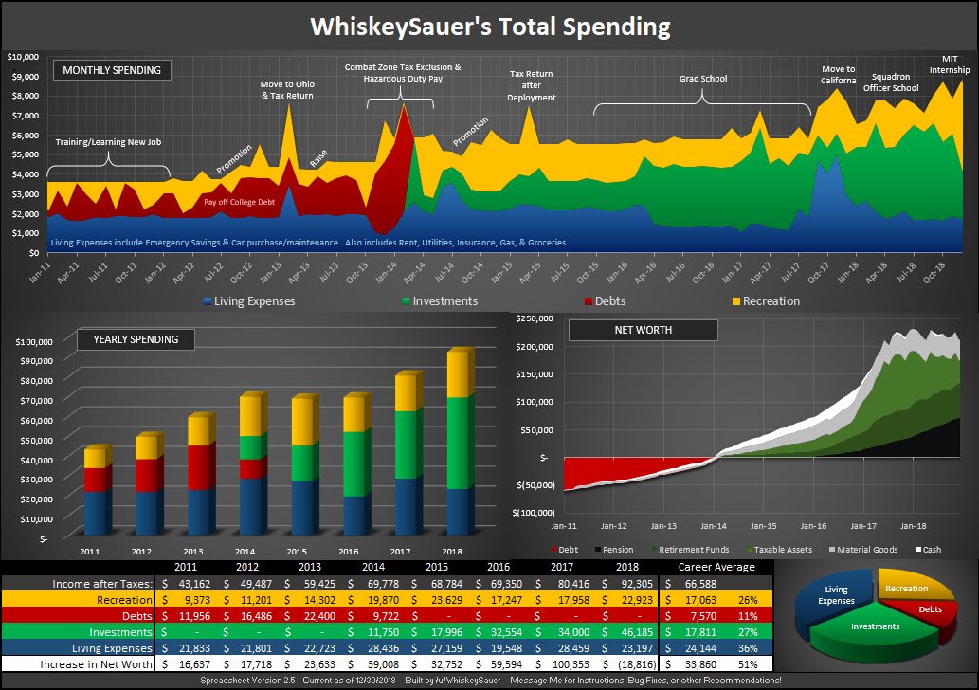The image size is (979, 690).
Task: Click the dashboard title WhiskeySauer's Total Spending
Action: (x=490, y=27)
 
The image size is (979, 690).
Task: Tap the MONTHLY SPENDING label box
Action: (x=112, y=70)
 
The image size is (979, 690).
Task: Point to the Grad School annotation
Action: (x=702, y=79)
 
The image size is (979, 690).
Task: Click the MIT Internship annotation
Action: (x=954, y=64)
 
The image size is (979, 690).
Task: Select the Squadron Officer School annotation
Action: (x=895, y=82)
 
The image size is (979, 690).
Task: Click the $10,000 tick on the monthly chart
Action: (x=23, y=57)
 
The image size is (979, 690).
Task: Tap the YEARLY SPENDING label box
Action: (x=136, y=339)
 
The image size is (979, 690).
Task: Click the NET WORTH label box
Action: (x=642, y=330)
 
